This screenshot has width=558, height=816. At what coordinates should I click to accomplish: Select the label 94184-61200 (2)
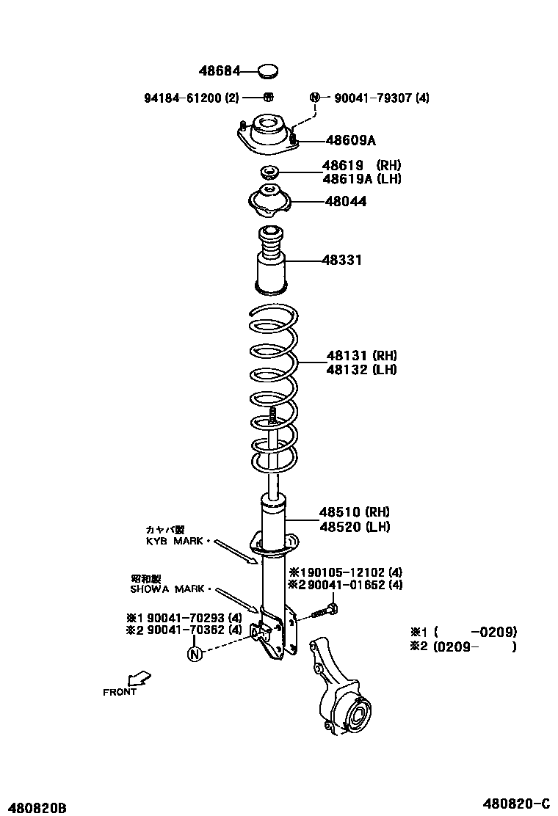point(191,98)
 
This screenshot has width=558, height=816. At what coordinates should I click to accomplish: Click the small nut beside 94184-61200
point(269,97)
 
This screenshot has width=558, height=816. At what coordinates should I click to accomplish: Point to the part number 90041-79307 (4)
point(382,98)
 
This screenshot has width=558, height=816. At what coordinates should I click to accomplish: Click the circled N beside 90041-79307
point(315,98)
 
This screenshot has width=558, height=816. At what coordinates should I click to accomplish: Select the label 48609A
point(351,140)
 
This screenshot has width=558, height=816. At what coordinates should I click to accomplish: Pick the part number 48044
point(344,201)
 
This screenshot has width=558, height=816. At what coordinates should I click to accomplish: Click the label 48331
point(341,260)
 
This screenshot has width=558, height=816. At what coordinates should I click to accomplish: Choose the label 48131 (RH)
point(361,356)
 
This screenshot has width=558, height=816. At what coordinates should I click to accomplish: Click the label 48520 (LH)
point(354,526)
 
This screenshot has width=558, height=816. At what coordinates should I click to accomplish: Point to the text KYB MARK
point(175,541)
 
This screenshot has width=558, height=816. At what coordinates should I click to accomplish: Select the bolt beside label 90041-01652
point(325,609)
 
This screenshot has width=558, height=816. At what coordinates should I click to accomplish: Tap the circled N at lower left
point(194,653)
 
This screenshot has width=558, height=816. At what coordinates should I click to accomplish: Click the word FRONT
point(120,692)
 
